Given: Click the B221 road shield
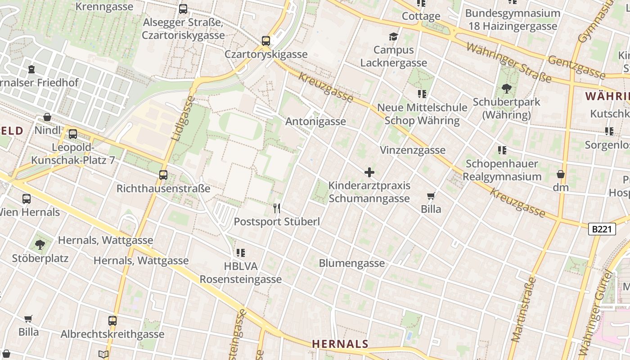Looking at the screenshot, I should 602,229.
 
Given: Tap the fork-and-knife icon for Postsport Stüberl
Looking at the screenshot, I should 277,208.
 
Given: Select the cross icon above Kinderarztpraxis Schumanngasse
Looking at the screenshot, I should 369,172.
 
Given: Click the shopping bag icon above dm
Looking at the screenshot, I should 561,174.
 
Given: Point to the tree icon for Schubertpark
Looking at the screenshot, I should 506,88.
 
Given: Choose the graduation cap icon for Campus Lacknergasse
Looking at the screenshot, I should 394,36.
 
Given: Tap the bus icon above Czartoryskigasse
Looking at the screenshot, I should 266,41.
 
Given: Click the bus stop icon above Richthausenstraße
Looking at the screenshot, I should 163,175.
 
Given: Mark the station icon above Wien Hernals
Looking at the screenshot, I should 27,198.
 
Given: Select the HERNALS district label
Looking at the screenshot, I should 340,344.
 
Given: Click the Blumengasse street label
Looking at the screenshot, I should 352,263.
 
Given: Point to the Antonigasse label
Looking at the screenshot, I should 316,121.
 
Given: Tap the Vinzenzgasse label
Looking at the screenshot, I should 413,150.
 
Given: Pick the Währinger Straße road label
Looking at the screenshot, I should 508,62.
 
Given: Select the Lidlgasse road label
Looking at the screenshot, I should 182,118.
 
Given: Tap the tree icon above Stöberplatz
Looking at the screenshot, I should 40,245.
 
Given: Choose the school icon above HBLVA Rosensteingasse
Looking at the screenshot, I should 241,253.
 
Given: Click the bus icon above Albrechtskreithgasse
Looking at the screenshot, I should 112,321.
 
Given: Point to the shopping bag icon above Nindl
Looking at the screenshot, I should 47,117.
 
